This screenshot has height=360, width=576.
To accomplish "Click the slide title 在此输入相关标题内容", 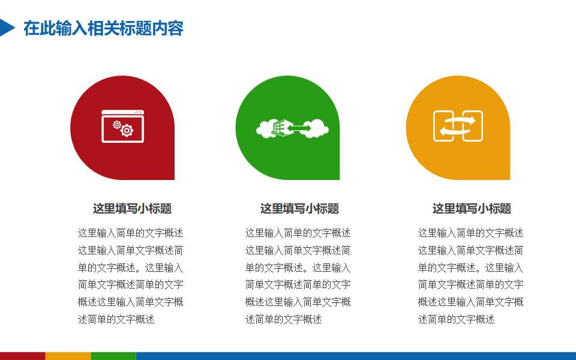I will coord(103,28).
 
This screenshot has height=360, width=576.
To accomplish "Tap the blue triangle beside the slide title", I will coord(6,28).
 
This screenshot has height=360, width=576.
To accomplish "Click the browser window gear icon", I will coord(122,126).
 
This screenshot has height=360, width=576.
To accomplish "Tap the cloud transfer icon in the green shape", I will coord(293,128).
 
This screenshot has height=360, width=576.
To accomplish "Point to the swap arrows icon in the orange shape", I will coord(458,126).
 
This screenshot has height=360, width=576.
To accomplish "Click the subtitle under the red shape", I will coord(132,209).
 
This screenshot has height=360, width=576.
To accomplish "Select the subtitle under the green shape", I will coord(299,209).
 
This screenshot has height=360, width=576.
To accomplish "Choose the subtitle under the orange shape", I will coord(472,209).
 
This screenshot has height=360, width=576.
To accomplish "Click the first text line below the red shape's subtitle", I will coord(130,233).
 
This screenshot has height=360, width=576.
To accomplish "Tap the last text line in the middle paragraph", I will coord(283,319).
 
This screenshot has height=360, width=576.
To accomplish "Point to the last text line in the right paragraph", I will coord(456,319).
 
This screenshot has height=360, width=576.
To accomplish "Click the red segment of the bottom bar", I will coord(22,356).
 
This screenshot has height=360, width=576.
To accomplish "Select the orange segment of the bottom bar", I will coord(68,356).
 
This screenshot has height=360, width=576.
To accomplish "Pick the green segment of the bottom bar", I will coord(113,356).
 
